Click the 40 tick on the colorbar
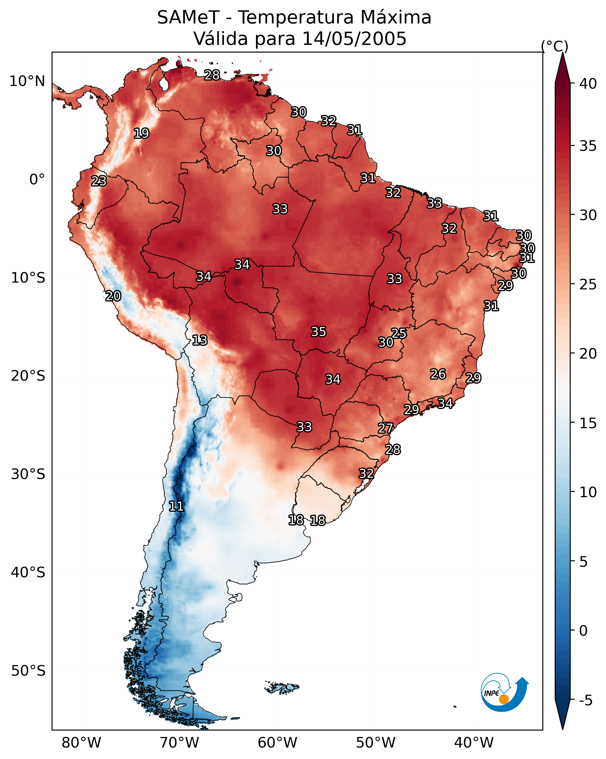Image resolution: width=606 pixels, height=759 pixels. coord(588,84)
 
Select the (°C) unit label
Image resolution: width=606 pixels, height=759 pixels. coord(554,46)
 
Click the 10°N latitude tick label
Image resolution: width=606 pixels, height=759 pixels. coord(27,81)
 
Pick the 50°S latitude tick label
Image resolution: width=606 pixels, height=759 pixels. coord(28,671)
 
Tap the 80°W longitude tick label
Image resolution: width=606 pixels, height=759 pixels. coord(81,743)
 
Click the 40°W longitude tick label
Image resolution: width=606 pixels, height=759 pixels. coord(474,743)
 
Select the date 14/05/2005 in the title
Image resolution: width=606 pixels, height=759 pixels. coord(354,39)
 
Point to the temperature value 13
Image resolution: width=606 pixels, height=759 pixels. coord(200,340)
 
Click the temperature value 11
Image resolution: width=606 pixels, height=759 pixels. coord(176,506)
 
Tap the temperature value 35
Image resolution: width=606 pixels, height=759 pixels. coord(319,332)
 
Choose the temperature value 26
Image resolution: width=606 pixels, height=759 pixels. coord(438,374)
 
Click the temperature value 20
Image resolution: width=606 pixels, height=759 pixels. coord(113,296)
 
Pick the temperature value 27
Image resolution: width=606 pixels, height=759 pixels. coord(386,428)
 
